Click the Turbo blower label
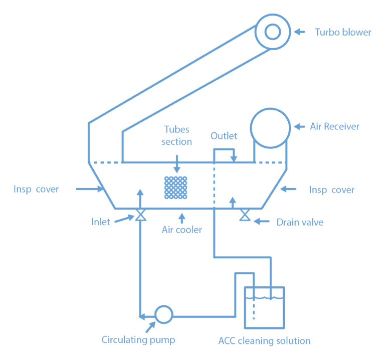pos(343,32)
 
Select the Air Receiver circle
pos(270,127)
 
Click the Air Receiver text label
pos(334,126)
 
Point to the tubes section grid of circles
pos(176,187)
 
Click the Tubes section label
pos(176,136)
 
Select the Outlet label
pos(224,136)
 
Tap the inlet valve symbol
pos(140,216)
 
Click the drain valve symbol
pos(245,216)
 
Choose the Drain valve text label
pos(300,222)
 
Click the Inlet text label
pos(100,222)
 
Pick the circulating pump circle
pos(163,314)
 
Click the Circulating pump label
pos(138,340)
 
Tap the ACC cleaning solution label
pos(264,341)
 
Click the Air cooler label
pos(181,230)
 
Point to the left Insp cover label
pos(37,189)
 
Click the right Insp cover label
pos(332,190)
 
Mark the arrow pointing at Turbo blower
pos(299,32)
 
